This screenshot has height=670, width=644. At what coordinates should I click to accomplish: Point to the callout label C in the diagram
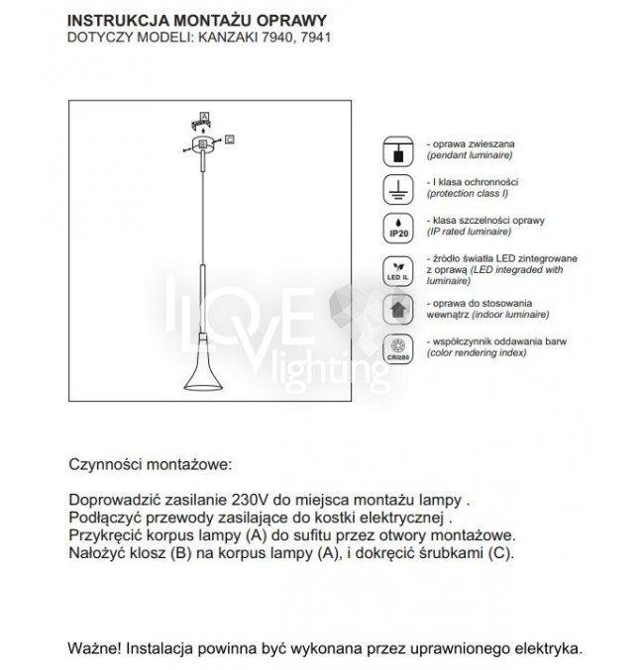pos(229,140)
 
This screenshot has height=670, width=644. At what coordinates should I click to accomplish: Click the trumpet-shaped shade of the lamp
pos(202,374)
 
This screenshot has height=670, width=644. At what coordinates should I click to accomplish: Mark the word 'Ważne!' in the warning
pos(92,649)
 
